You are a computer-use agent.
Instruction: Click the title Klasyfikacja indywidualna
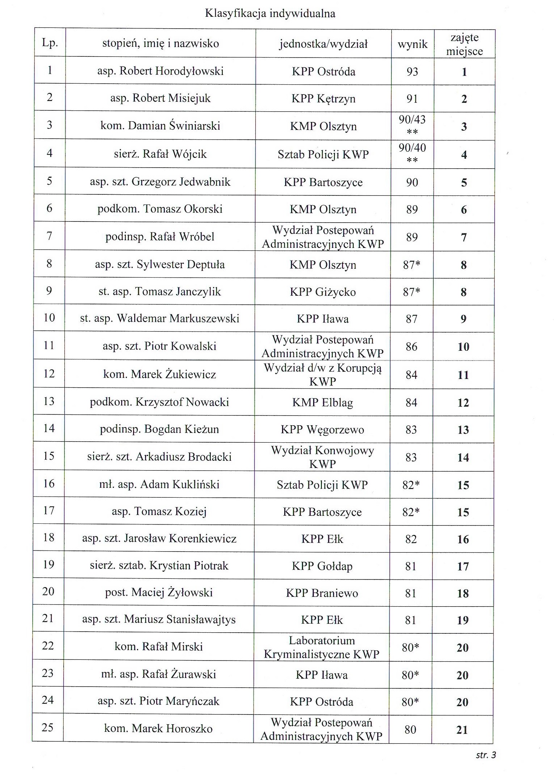[x=270, y=14]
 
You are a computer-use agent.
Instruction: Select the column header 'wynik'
[x=412, y=45]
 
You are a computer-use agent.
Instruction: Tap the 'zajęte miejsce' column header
[x=464, y=44]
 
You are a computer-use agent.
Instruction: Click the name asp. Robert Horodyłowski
[x=160, y=71]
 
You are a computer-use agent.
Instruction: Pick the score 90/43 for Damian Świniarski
[x=412, y=120]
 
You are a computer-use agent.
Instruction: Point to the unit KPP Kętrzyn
[x=323, y=98]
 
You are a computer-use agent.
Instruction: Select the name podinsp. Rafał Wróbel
[x=160, y=237]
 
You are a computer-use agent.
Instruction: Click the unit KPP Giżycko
[x=323, y=292]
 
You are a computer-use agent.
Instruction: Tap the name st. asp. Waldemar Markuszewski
[x=159, y=319]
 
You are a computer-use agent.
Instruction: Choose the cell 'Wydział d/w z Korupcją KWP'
[x=323, y=374]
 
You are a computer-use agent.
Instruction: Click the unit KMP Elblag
[x=323, y=402]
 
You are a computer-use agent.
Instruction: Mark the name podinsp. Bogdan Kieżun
[x=159, y=429]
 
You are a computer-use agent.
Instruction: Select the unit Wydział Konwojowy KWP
[x=322, y=457]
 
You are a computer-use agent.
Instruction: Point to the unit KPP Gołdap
[x=322, y=566]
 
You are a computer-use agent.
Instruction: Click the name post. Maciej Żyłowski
[x=159, y=592]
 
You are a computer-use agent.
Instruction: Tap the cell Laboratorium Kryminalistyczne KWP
[x=321, y=647]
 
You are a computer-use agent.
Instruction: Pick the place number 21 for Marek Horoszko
[x=462, y=730]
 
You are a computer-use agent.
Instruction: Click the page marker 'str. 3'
[x=486, y=755]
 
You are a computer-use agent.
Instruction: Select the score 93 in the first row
[x=412, y=72]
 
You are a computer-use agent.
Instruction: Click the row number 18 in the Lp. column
[x=48, y=537]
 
